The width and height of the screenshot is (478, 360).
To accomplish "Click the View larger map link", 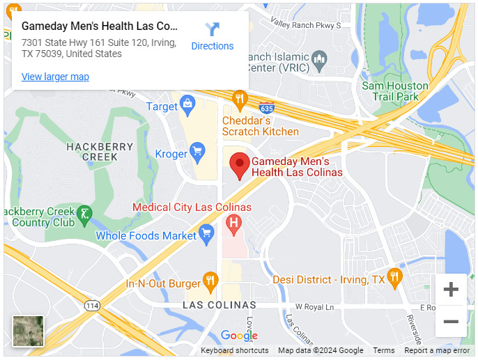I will (55, 77).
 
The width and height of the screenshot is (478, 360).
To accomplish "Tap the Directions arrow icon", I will (213, 29).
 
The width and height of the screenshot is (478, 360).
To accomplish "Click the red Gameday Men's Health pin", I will (240, 165).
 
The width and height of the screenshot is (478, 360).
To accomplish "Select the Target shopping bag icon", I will (187, 106).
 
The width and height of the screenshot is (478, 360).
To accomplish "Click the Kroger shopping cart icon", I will (197, 151).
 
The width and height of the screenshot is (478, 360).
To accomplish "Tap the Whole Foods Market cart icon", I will (206, 233).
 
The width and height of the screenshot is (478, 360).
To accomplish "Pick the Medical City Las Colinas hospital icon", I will (234, 224).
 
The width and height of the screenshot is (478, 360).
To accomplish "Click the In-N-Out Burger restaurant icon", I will (210, 281).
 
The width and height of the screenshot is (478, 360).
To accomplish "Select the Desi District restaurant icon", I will (394, 276).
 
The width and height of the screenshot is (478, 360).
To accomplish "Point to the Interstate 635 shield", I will (267, 109).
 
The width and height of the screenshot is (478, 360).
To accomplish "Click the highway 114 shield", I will (91, 305).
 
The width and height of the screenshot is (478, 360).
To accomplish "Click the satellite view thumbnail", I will (28, 331).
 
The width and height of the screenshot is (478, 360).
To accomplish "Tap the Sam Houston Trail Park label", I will (395, 91).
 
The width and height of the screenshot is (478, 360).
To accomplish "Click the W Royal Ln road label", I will (314, 306).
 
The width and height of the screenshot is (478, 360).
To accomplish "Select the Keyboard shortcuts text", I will (234, 350).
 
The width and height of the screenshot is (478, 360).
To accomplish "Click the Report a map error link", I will (437, 350).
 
